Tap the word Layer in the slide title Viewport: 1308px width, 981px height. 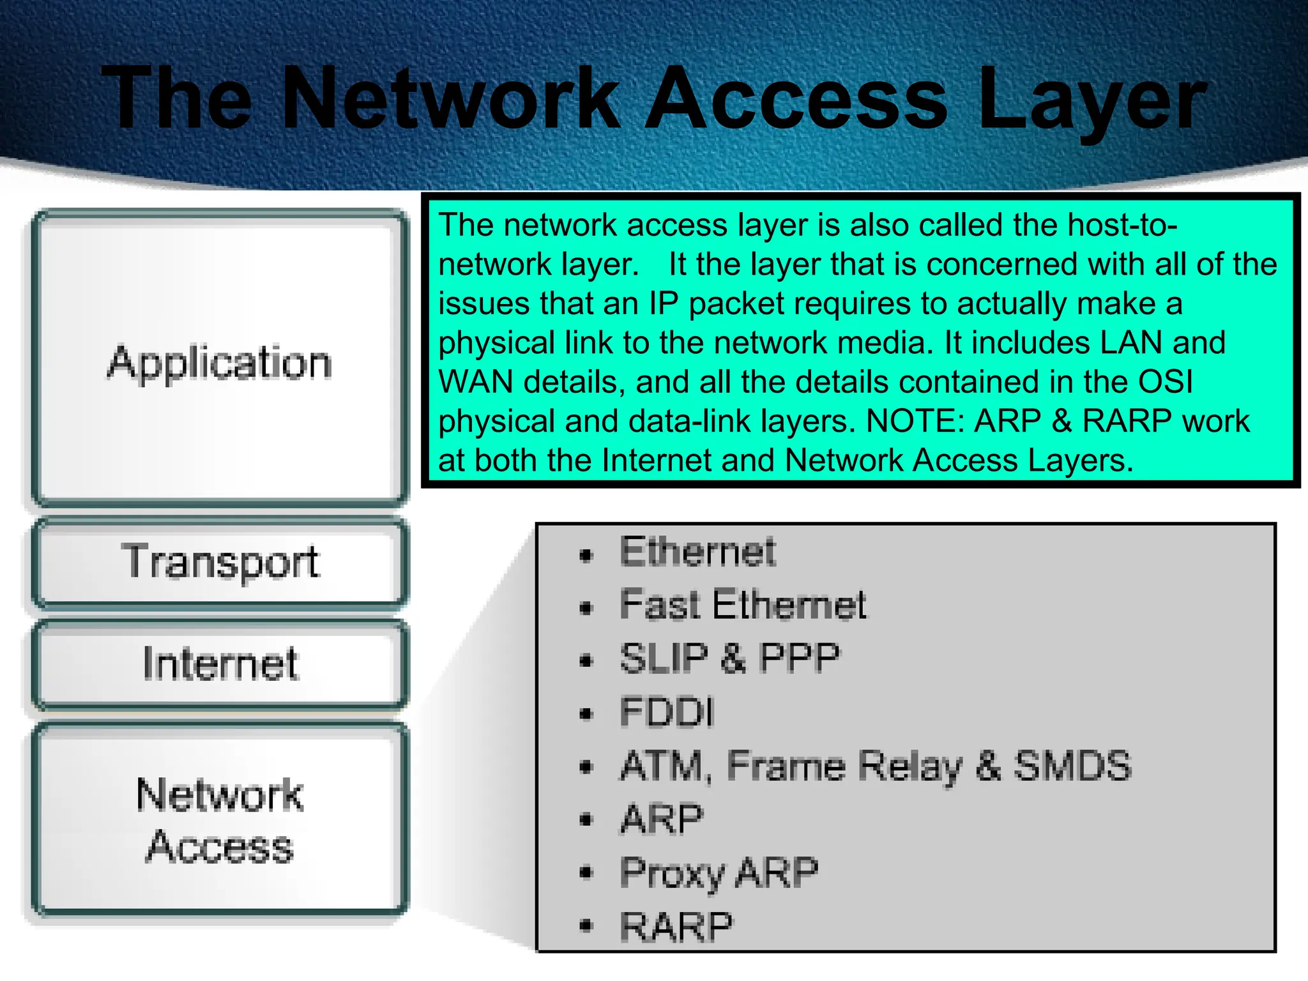[x=1091, y=102]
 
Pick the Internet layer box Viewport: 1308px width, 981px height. [x=220, y=664]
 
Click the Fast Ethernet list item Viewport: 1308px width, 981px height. [x=743, y=605]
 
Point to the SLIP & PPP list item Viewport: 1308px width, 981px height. [x=729, y=658]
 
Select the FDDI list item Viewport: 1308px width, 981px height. [x=666, y=712]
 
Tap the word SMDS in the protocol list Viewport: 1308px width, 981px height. [x=1072, y=766]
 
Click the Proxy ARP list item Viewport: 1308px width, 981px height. [x=719, y=873]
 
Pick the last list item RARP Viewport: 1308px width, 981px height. [x=676, y=927]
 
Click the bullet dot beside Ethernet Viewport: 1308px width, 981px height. [x=586, y=556]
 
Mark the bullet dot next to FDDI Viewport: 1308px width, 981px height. [x=586, y=715]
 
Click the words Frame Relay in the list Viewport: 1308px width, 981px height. [x=844, y=766]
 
